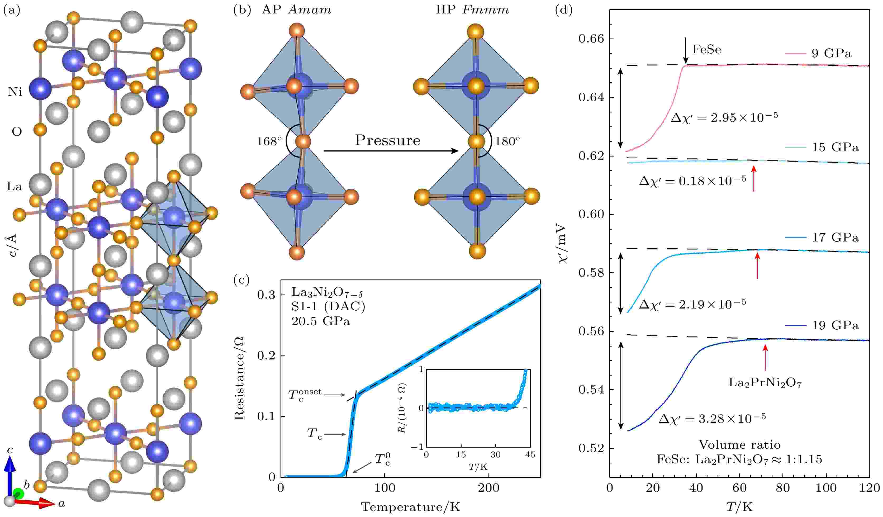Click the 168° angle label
tap(269, 142)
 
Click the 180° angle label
tap(507, 142)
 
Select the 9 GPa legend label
tap(831, 53)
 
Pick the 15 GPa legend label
tap(835, 147)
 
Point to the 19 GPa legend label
tap(835, 326)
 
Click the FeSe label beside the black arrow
tap(706, 49)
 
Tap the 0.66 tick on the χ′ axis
tap(591, 39)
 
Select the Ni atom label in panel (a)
tap(15, 92)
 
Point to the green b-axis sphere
tap(18, 494)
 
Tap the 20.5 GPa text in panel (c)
tap(321, 321)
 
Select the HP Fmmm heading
tap(472, 10)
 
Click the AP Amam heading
tap(296, 10)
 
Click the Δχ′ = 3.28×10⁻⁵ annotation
tap(712, 419)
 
